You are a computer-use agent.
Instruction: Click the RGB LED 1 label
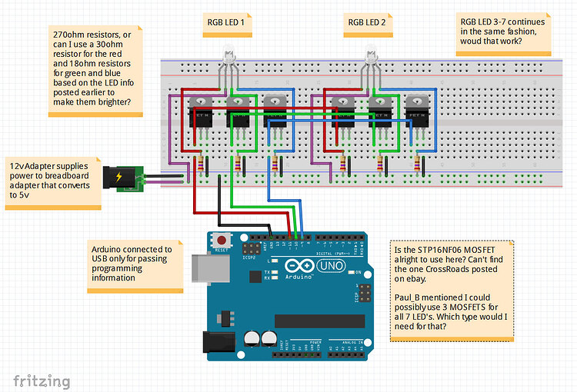point(225,22)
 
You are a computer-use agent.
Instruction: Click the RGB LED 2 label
point(367,22)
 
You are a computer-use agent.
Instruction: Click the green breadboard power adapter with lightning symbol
point(125,178)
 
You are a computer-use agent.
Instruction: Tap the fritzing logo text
point(42,380)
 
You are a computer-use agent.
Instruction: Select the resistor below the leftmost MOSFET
point(202,163)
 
